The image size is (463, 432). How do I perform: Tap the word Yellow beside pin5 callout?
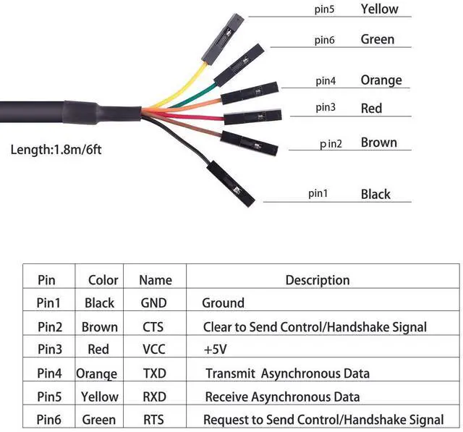[379, 9]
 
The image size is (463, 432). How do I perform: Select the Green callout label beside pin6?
[377, 39]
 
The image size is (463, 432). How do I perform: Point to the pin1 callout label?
[318, 193]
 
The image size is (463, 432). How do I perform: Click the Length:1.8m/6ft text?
[56, 151]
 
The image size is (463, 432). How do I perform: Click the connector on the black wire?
[230, 181]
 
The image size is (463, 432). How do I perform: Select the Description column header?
[317, 280]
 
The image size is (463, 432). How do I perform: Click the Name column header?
[155, 280]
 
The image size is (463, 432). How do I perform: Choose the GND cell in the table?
[153, 303]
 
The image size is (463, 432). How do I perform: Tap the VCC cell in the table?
[153, 350]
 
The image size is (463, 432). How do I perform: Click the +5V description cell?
[216, 350]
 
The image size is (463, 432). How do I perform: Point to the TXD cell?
[153, 373]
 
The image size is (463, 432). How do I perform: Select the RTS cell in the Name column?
[153, 420]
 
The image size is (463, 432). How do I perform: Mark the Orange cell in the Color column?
[96, 373]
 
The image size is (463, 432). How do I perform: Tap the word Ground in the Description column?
[223, 303]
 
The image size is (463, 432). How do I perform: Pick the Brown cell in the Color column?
[99, 327]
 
